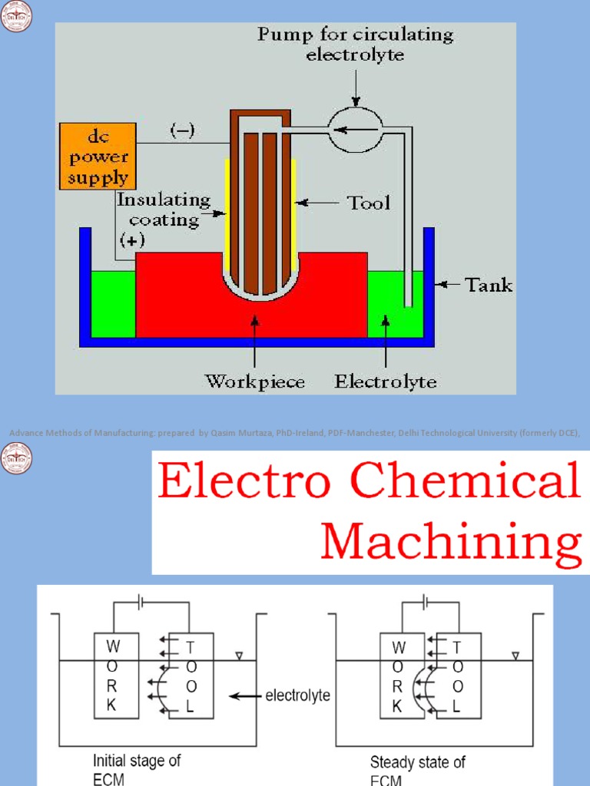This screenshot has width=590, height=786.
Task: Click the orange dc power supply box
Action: [x=98, y=157]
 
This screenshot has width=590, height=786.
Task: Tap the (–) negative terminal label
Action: [x=182, y=131]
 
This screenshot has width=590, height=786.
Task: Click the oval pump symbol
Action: [x=355, y=129]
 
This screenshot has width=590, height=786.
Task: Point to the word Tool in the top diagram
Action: [x=369, y=203]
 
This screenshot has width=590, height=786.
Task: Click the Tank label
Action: [x=489, y=286]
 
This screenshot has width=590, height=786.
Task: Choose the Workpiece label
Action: [x=254, y=381]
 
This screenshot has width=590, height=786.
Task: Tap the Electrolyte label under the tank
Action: [x=386, y=381]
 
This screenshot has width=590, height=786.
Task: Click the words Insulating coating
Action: [x=163, y=210]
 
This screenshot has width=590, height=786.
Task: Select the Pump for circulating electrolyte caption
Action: [x=355, y=45]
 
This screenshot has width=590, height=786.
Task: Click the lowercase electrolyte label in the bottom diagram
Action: [x=298, y=695]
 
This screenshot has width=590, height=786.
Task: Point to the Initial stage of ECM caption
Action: [x=137, y=770]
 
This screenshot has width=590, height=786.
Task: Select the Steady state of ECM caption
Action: [x=417, y=770]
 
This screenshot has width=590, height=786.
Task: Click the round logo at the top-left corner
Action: [x=16, y=16]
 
